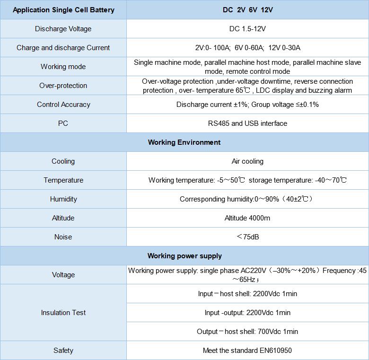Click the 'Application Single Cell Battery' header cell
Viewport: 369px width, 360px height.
click(x=63, y=10)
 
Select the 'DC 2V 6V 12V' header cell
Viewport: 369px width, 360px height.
click(x=247, y=10)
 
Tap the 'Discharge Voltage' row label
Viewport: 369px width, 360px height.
click(x=63, y=29)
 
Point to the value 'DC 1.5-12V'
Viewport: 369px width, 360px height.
click(x=247, y=29)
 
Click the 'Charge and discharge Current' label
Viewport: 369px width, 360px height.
click(x=63, y=48)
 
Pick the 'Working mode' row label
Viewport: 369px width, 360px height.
click(x=63, y=67)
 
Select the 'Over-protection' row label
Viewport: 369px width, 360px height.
click(x=63, y=86)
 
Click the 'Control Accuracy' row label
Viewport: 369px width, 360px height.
click(x=63, y=105)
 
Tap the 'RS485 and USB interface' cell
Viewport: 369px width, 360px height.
click(x=247, y=123)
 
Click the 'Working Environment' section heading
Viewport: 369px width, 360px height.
click(x=184, y=142)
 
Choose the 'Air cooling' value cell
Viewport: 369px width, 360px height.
click(x=247, y=161)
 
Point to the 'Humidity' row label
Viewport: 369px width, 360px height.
click(x=63, y=199)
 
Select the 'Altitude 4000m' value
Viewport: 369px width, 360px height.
click(x=247, y=218)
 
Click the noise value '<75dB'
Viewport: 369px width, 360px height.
click(x=247, y=237)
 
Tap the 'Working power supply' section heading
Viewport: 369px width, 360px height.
click(x=184, y=256)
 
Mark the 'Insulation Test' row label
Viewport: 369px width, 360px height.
click(x=63, y=313)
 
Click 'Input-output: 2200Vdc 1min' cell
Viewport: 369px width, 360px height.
click(x=247, y=313)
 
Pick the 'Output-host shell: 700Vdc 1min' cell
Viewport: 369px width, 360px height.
click(x=247, y=332)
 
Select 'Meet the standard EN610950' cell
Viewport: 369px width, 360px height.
click(x=247, y=351)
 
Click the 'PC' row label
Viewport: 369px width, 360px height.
click(x=63, y=123)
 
